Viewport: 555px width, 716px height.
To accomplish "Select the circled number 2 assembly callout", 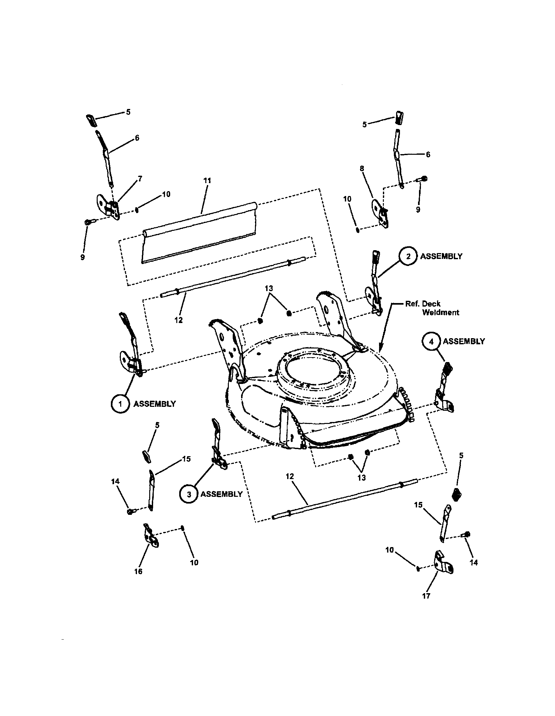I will (x=408, y=256).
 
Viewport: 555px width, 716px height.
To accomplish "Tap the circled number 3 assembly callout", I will (x=189, y=494).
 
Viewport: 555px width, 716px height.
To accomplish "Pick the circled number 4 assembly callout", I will (x=431, y=342).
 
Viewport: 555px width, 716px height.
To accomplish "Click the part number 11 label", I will (x=207, y=181).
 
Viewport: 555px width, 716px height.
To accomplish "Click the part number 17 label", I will (x=426, y=596).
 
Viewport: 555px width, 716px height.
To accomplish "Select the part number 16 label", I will (x=138, y=571).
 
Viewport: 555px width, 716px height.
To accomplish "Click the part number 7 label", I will (x=140, y=179).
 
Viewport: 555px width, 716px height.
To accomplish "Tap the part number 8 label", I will (x=362, y=169).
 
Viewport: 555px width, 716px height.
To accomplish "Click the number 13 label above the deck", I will (x=269, y=289).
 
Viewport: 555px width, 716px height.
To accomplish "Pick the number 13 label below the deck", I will (x=361, y=478).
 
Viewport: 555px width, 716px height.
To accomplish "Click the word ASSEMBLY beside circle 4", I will (x=463, y=342).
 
